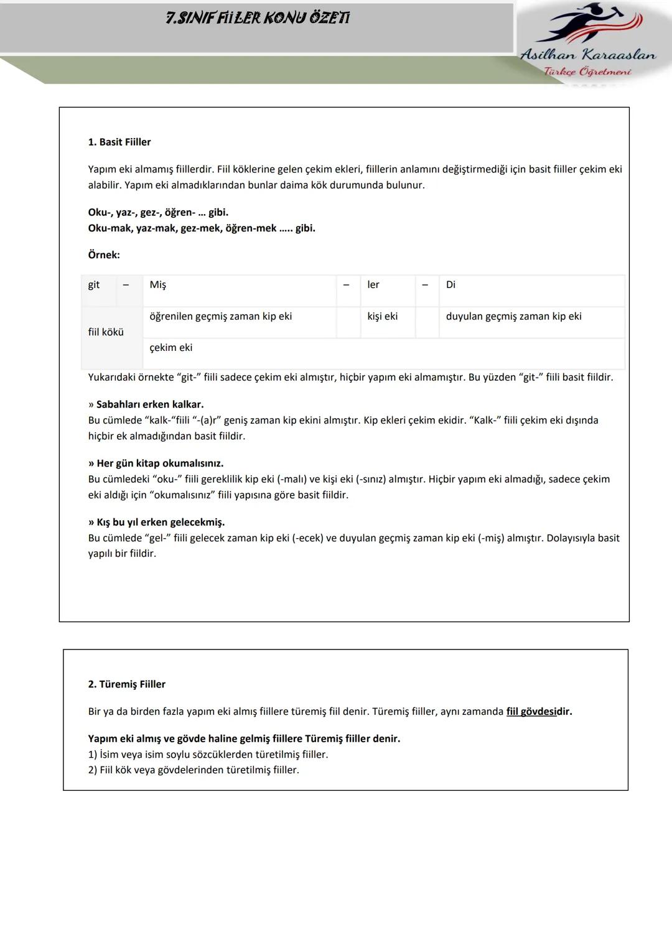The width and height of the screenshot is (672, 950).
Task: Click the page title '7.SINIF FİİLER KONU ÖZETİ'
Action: coord(258,18)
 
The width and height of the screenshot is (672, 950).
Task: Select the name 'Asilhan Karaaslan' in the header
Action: coord(588,55)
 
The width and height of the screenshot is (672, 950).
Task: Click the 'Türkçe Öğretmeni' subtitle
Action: coord(587,72)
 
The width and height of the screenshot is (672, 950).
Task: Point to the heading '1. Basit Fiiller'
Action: coord(119,142)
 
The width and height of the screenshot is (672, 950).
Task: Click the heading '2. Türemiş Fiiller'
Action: coord(127,684)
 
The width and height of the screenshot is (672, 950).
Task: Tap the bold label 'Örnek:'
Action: coord(104,255)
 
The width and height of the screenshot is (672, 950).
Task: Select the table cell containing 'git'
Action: coord(94,285)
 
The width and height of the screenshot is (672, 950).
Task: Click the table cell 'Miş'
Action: coord(158,285)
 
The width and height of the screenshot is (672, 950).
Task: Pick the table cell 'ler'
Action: coord(373,285)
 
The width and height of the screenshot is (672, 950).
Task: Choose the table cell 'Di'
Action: coord(450,285)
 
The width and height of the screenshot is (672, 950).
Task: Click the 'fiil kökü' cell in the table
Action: coord(106,332)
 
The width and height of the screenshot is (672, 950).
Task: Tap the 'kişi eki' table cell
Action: coord(382,316)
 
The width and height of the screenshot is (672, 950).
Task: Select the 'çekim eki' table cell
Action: coord(171,348)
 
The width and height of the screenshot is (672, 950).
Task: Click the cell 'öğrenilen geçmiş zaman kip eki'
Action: coord(221,316)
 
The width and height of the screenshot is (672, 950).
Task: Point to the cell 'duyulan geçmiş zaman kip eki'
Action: coord(514,316)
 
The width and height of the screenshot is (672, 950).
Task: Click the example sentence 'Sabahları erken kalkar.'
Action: coord(150,404)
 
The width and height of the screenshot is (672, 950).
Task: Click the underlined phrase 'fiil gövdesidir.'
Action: coord(539,712)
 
